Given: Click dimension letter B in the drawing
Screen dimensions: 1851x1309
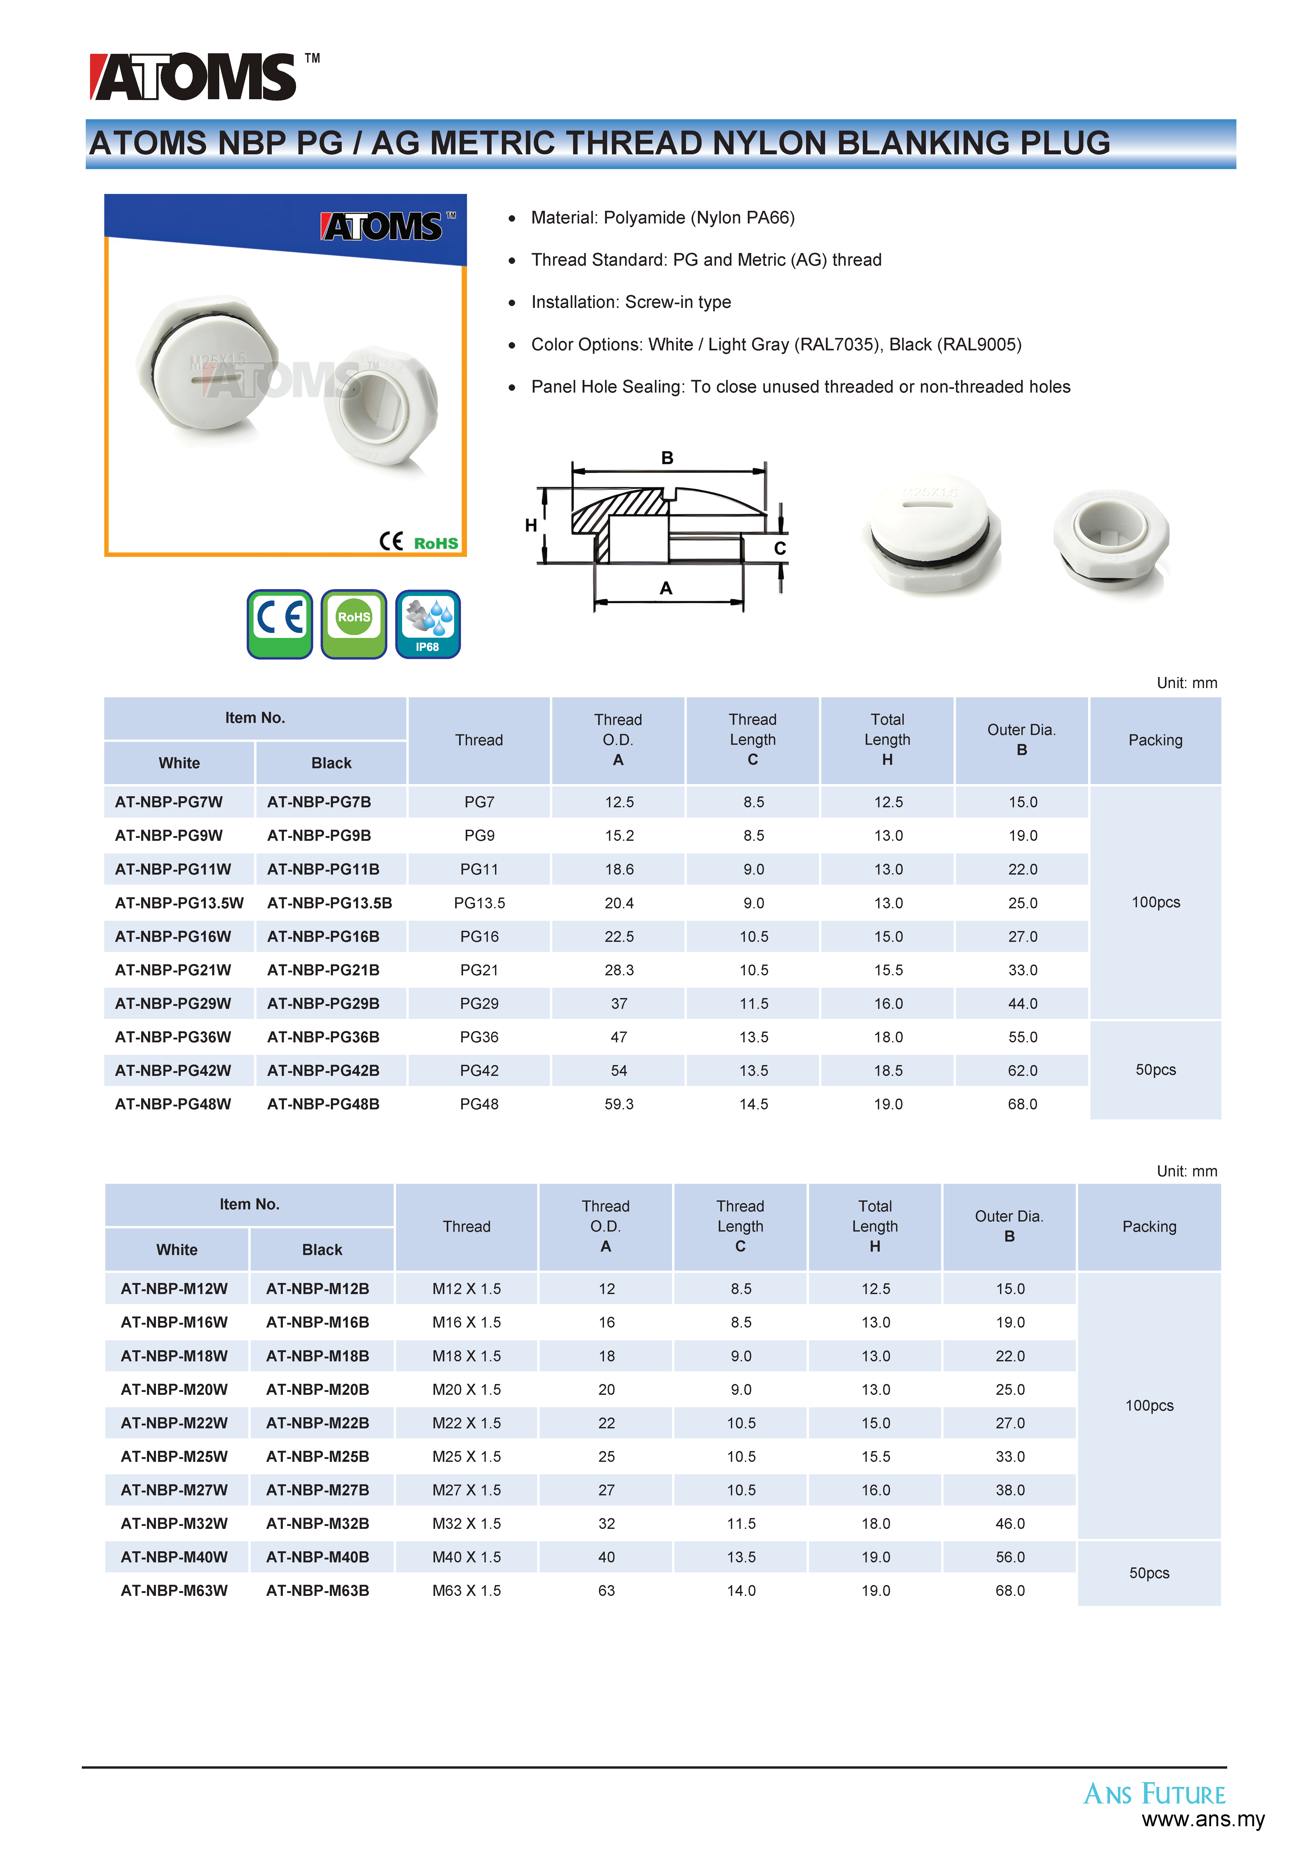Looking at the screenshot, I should [x=667, y=458].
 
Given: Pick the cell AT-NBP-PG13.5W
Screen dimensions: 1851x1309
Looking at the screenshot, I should [x=179, y=903].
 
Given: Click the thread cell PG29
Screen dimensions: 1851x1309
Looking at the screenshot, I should [x=479, y=1004].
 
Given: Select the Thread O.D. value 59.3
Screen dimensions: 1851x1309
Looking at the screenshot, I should [x=618, y=1104].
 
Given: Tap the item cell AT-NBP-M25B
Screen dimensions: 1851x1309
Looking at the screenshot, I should [x=318, y=1457].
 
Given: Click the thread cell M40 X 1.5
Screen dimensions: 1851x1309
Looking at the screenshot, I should [x=466, y=1558].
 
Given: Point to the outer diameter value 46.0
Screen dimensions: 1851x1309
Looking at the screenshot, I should [x=1010, y=1524].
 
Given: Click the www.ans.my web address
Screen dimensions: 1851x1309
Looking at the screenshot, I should [x=1203, y=1820].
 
